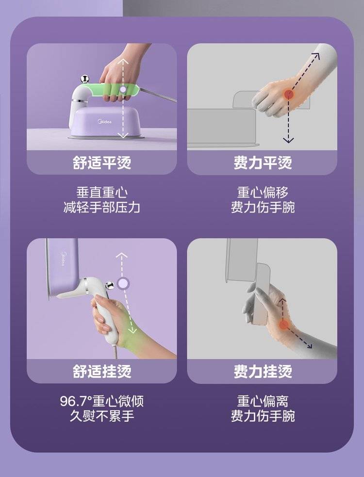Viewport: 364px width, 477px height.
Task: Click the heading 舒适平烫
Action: pyautogui.click(x=101, y=163)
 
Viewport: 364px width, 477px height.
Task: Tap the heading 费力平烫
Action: pyautogui.click(x=263, y=163)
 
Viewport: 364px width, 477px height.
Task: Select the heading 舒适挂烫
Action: pyautogui.click(x=101, y=371)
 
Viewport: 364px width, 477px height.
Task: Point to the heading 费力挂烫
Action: pyautogui.click(x=263, y=371)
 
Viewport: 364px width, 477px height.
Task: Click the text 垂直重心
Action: pyautogui.click(x=101, y=193)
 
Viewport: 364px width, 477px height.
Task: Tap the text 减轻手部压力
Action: pyautogui.click(x=101, y=208)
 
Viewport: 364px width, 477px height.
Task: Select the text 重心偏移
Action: pyautogui.click(x=263, y=193)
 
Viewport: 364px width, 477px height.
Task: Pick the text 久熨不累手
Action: pyautogui.click(x=101, y=416)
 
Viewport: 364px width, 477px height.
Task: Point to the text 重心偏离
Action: pyautogui.click(x=263, y=401)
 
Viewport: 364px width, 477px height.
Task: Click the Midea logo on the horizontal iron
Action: pyautogui.click(x=105, y=122)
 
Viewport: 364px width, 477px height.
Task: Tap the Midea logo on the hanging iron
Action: pyautogui.click(x=63, y=258)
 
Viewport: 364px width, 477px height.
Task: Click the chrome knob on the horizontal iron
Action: pyautogui.click(x=84, y=79)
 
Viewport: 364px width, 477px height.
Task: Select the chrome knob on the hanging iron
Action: pyautogui.click(x=109, y=285)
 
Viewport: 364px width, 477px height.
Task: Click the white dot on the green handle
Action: pyautogui.click(x=123, y=89)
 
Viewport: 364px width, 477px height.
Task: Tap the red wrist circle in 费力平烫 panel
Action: pyautogui.click(x=288, y=94)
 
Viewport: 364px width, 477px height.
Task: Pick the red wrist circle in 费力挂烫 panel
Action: pyautogui.click(x=283, y=325)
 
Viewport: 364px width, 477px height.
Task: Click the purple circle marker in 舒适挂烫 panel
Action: pyautogui.click(x=123, y=283)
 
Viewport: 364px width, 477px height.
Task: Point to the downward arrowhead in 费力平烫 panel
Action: pyautogui.click(x=288, y=140)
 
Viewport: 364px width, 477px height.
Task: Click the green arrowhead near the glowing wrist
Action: pyautogui.click(x=132, y=330)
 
